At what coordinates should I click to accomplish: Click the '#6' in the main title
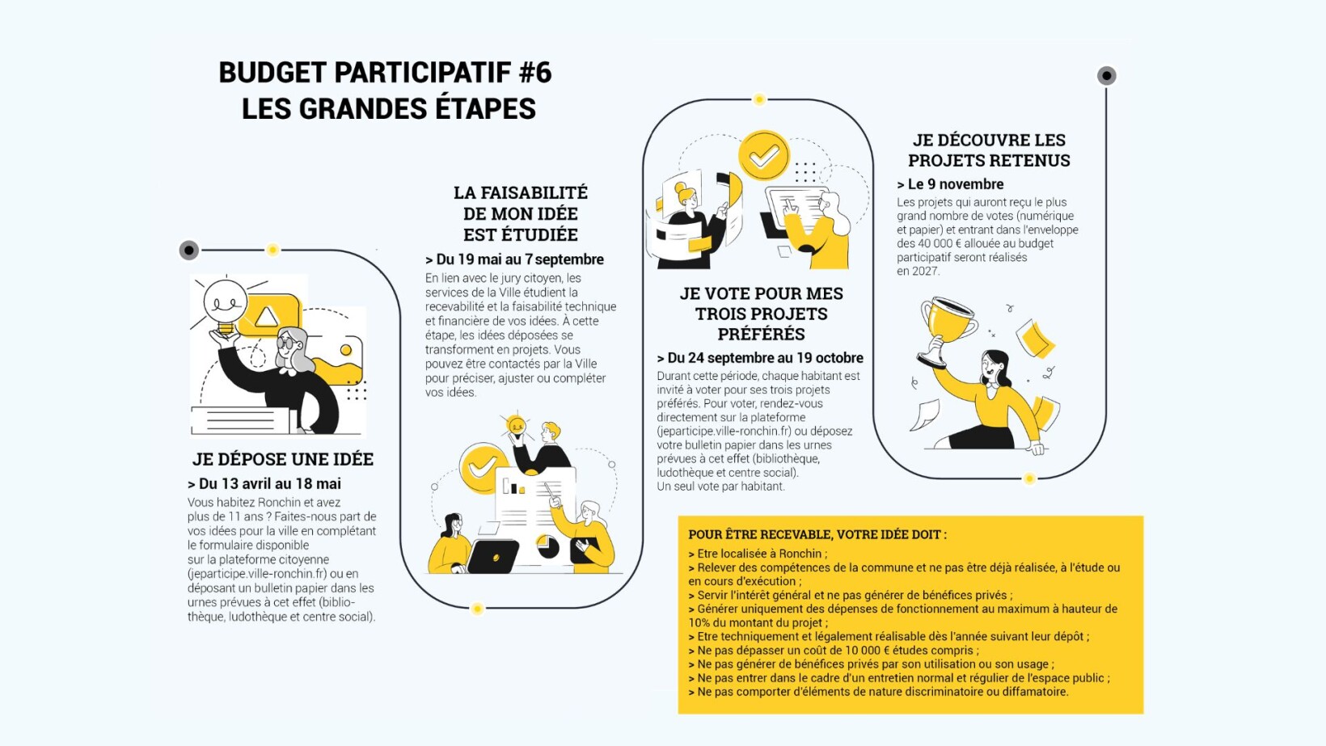(x=534, y=73)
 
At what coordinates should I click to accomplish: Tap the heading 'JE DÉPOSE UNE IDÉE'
(x=282, y=459)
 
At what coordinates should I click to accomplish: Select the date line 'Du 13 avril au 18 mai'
(x=269, y=483)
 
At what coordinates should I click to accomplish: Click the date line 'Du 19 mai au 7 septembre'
(x=519, y=259)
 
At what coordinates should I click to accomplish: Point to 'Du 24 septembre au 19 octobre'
(x=765, y=357)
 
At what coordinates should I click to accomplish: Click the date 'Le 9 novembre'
(x=955, y=184)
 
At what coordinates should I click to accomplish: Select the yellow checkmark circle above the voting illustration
(x=763, y=155)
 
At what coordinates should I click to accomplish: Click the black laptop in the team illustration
(x=493, y=556)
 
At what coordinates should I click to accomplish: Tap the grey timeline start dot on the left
(x=188, y=250)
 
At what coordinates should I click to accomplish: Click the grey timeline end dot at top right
(x=1106, y=76)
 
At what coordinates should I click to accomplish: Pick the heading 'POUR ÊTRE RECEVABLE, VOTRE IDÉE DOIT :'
(x=817, y=534)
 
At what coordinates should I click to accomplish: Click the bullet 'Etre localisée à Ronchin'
(x=759, y=554)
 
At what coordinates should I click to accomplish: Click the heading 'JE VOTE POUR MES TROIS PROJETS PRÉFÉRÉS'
(x=761, y=314)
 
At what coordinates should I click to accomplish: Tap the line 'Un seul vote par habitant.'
(x=720, y=487)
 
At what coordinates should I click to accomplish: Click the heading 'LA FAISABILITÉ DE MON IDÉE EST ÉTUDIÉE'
(x=520, y=213)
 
